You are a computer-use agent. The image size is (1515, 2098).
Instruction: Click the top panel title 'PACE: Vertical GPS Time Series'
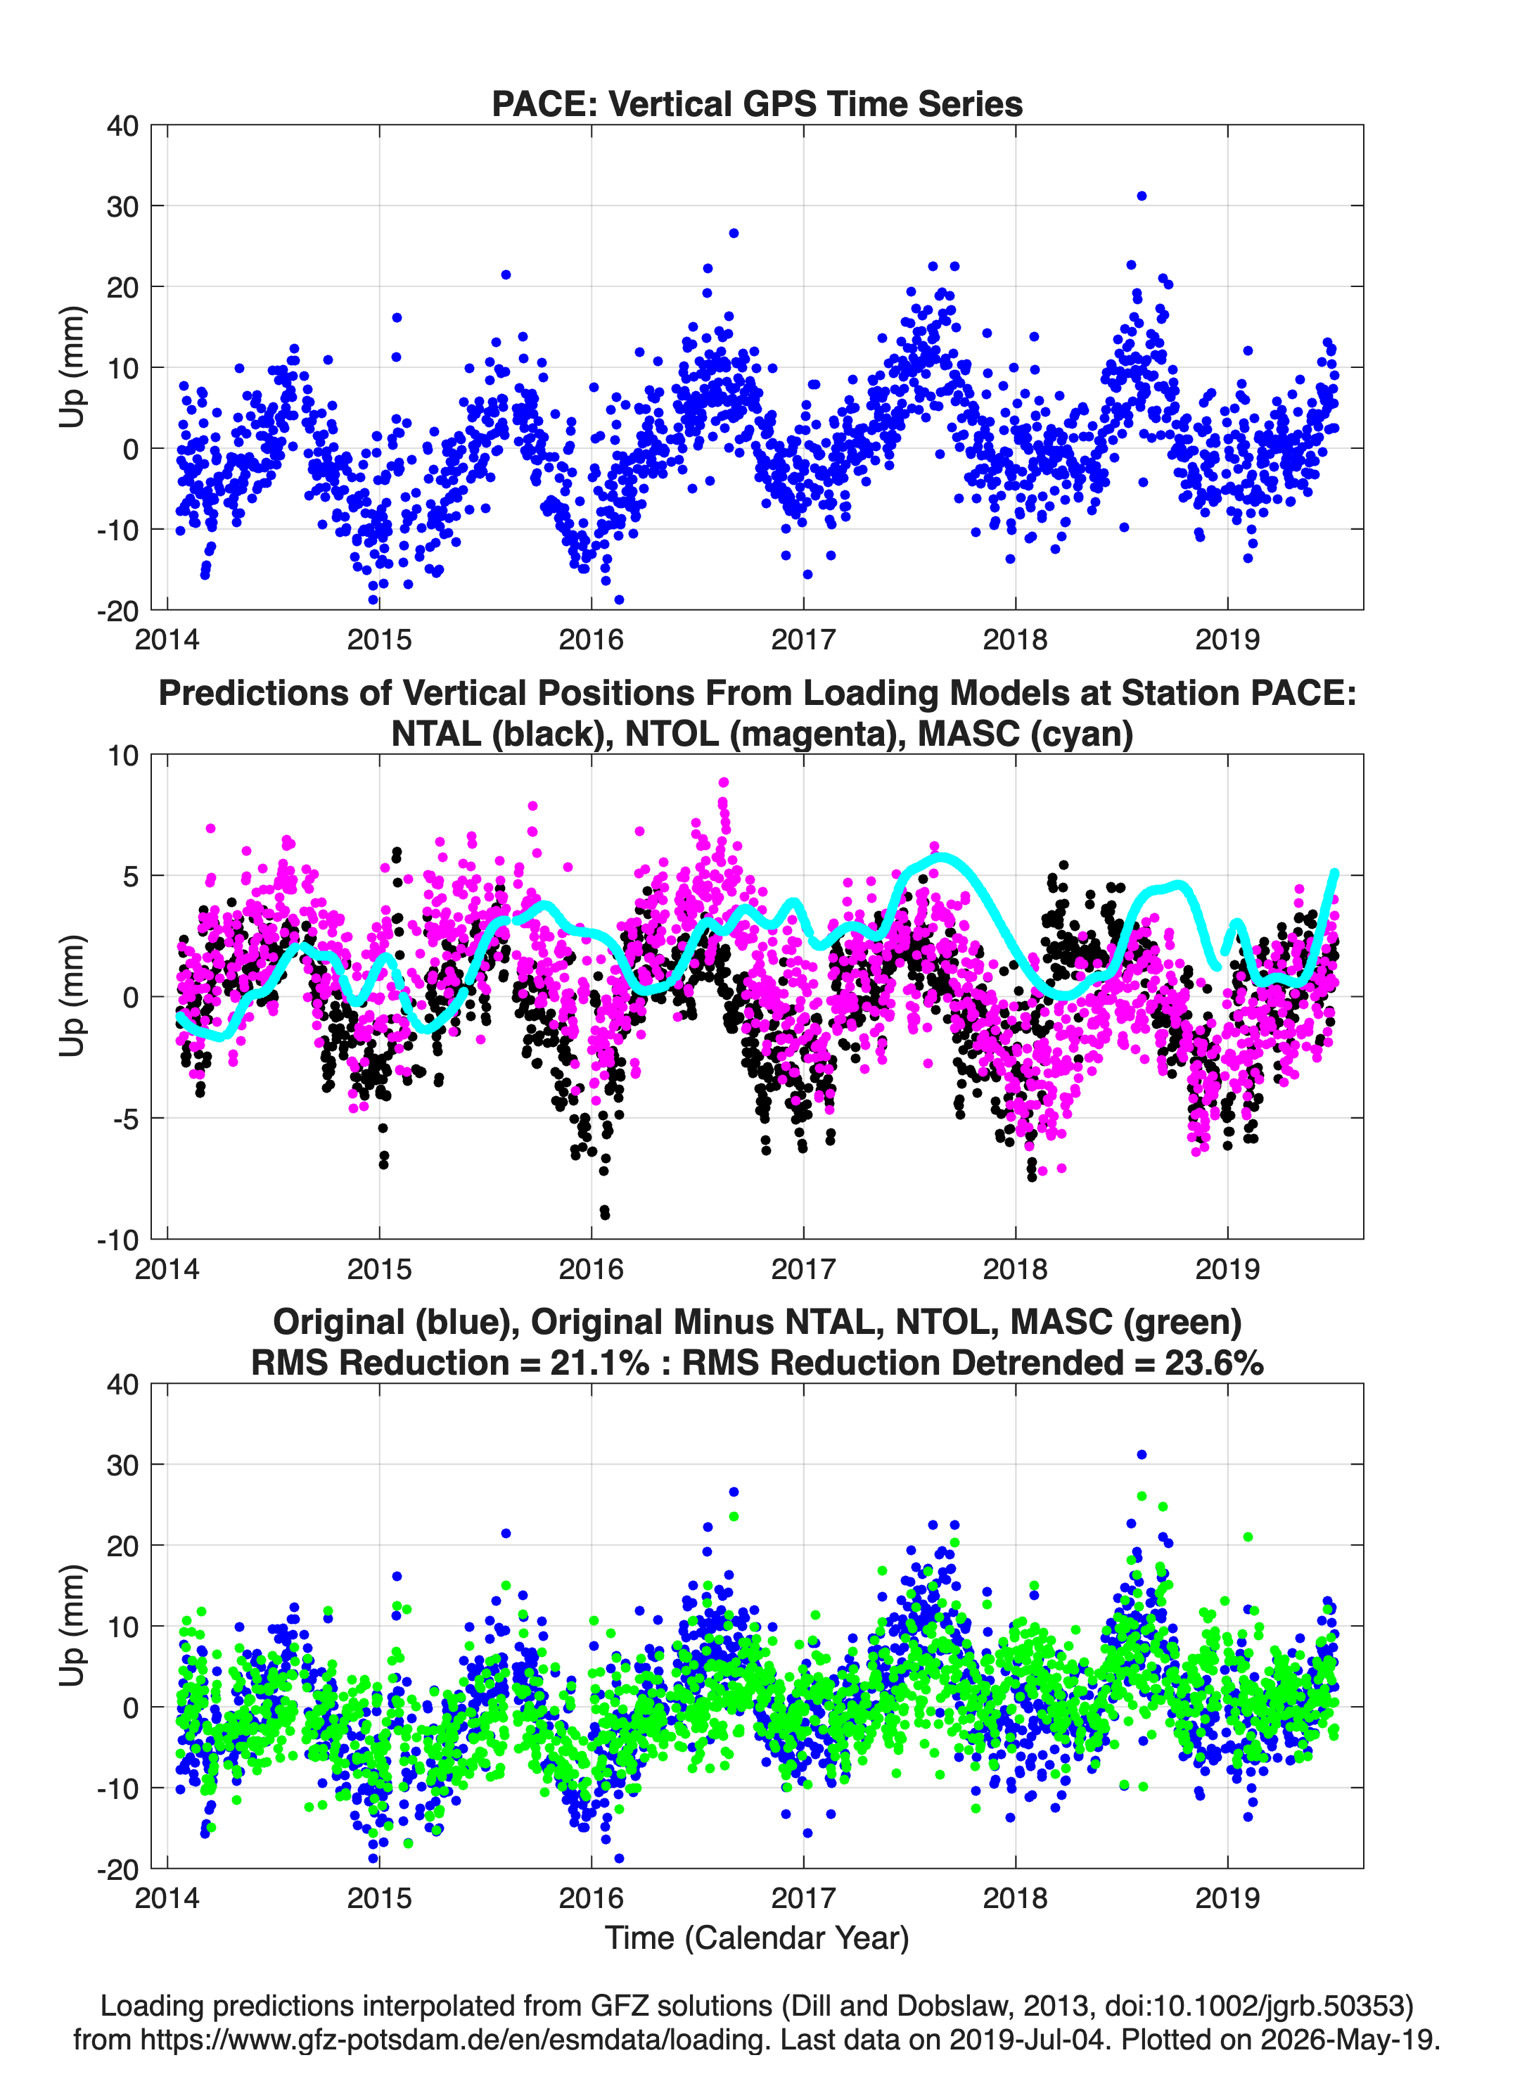(x=757, y=103)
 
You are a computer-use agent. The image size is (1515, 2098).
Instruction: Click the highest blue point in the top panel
(x=1142, y=196)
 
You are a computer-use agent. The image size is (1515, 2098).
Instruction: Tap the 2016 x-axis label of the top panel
(x=591, y=640)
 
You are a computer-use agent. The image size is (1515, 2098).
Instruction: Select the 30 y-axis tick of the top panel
(x=122, y=206)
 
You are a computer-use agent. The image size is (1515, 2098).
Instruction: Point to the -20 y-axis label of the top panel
(x=117, y=611)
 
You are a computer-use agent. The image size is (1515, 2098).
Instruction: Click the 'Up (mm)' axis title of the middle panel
(x=72, y=996)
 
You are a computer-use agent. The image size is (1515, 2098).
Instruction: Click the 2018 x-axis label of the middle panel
(x=1016, y=1269)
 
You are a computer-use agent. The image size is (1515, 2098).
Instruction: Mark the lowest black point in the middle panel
(x=605, y=1214)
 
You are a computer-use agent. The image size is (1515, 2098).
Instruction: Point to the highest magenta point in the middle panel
(x=723, y=782)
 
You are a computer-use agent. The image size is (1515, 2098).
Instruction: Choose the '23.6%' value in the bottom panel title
(x=1213, y=1363)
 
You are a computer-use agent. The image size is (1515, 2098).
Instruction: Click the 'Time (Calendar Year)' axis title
(x=757, y=1937)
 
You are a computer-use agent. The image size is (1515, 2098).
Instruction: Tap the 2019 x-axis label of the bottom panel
(x=1227, y=1897)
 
